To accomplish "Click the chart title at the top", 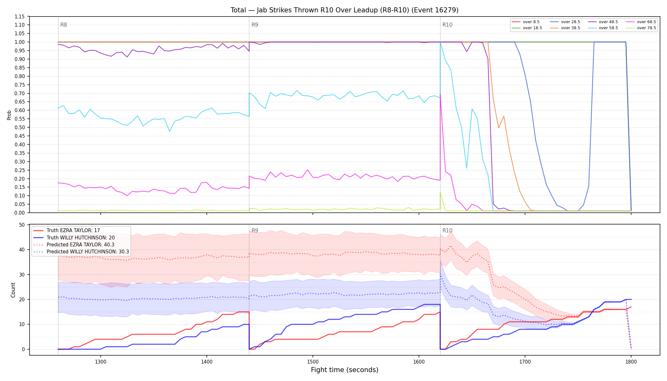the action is pyautogui.click(x=344, y=10).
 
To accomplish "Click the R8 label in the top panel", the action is pyautogui.click(x=64, y=25).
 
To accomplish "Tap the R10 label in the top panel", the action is pyautogui.click(x=447, y=25).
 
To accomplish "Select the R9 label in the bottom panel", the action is pyautogui.click(x=255, y=231).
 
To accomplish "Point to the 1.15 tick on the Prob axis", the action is pyautogui.click(x=20, y=17).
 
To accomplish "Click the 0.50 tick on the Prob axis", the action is pyautogui.click(x=20, y=127).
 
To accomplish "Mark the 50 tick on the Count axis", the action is pyautogui.click(x=22, y=225).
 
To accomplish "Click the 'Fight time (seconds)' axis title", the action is pyautogui.click(x=345, y=370).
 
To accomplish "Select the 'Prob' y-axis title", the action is pyautogui.click(x=9, y=115).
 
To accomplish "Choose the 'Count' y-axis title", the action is pyautogui.click(x=13, y=290).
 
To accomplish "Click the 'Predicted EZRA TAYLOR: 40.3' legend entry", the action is pyautogui.click(x=80, y=245).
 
